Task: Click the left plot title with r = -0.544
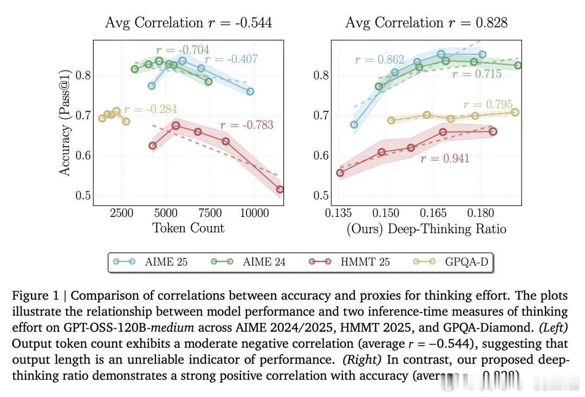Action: (188, 23)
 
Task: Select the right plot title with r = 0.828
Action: (426, 23)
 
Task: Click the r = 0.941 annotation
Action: (445, 158)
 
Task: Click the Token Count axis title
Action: (188, 228)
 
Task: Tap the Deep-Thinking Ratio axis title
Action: (426, 229)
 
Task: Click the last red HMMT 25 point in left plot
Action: (279, 189)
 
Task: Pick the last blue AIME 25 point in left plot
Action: (250, 91)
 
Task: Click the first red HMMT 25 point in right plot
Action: (340, 173)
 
